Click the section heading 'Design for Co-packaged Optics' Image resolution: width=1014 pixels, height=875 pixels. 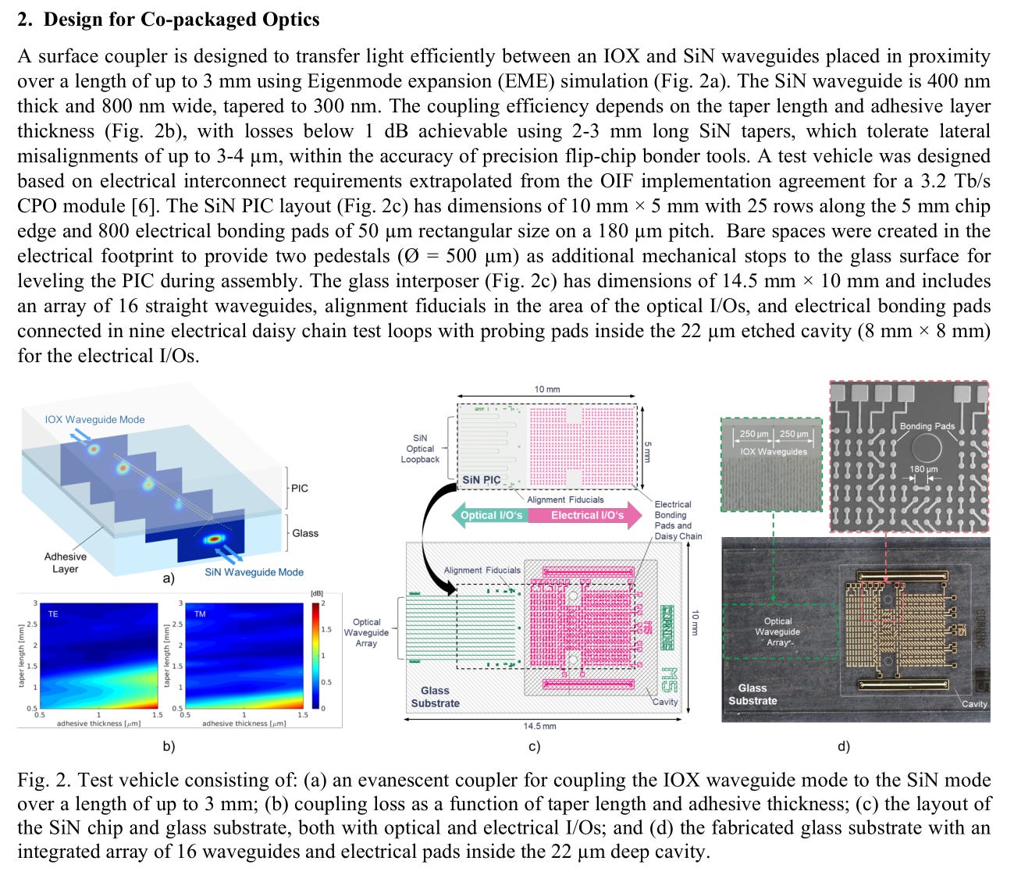coord(181,20)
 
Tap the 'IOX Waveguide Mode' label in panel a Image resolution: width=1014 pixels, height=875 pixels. coord(94,419)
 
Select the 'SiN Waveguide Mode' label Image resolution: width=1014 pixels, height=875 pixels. coord(254,572)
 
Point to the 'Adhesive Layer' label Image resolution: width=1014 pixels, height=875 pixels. coord(66,563)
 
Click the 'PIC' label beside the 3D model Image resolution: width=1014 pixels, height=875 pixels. coord(300,488)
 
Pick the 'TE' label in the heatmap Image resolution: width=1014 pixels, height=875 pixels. coord(53,614)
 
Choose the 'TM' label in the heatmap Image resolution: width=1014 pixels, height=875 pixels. coord(200,614)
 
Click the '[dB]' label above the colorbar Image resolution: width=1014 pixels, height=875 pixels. coord(316,594)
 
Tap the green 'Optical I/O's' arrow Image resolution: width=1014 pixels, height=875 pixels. coord(490,515)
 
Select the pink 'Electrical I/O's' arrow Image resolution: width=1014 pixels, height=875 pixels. coord(587,515)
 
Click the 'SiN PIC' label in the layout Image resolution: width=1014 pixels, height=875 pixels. coord(481,480)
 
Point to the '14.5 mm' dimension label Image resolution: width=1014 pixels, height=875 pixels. coord(539,726)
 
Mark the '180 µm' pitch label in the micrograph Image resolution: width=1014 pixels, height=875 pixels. coord(923,469)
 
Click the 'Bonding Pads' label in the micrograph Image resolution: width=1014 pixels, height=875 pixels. coord(927,426)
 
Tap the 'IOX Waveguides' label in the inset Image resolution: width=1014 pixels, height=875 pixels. coord(774,451)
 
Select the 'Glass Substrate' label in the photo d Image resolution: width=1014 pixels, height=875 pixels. coord(752,694)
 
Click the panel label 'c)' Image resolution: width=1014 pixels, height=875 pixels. coord(534,747)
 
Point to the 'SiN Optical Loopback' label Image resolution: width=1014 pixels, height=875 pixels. coord(420,449)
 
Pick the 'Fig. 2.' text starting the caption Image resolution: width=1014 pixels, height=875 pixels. coord(44,781)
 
